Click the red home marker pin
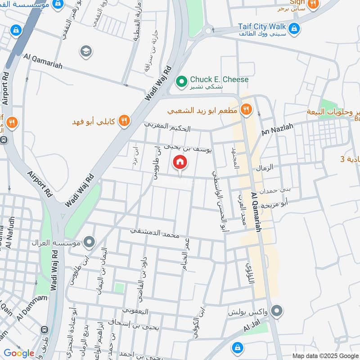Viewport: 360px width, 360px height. pyautogui.click(x=180, y=162)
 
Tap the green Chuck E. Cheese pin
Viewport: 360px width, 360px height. pyautogui.click(x=182, y=81)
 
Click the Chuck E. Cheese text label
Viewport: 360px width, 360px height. pyautogui.click(x=219, y=80)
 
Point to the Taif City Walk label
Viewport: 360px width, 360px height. pyautogui.click(x=263, y=27)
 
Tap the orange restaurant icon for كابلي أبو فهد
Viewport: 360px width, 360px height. pyautogui.click(x=125, y=121)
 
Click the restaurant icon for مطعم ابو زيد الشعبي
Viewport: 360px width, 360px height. pyautogui.click(x=246, y=109)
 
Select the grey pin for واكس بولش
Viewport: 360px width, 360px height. pyautogui.click(x=277, y=310)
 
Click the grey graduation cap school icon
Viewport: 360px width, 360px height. pyautogui.click(x=85, y=51)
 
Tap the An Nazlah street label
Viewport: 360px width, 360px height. pyautogui.click(x=277, y=130)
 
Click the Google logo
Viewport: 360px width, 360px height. pyautogui.click(x=18, y=353)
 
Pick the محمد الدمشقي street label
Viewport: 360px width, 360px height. pyautogui.click(x=155, y=233)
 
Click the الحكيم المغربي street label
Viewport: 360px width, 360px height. pyautogui.click(x=167, y=127)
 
